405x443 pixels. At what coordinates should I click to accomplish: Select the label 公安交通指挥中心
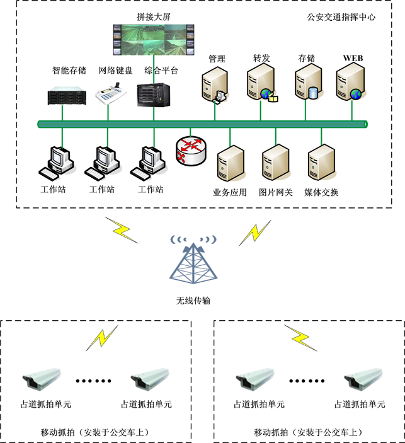point(341,17)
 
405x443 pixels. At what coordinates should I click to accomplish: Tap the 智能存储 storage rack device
point(66,96)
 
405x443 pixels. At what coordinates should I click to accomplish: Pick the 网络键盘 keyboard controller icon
point(111,95)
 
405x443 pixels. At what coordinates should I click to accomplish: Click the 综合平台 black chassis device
point(154,95)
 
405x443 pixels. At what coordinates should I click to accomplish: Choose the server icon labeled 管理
point(214,85)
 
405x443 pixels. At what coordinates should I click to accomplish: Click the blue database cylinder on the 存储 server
point(312,94)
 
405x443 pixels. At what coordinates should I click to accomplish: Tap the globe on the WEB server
point(357,95)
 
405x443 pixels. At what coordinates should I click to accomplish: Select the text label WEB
point(353,58)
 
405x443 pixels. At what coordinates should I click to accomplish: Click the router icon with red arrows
point(190,150)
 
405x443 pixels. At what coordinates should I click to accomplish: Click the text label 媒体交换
point(321,192)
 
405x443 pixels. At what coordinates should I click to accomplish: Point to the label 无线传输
point(193,301)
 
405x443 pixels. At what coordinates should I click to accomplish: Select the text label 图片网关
point(276,192)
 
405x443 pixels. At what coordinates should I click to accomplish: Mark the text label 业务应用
point(230,192)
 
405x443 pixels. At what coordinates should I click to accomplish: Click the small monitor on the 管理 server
point(220,96)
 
